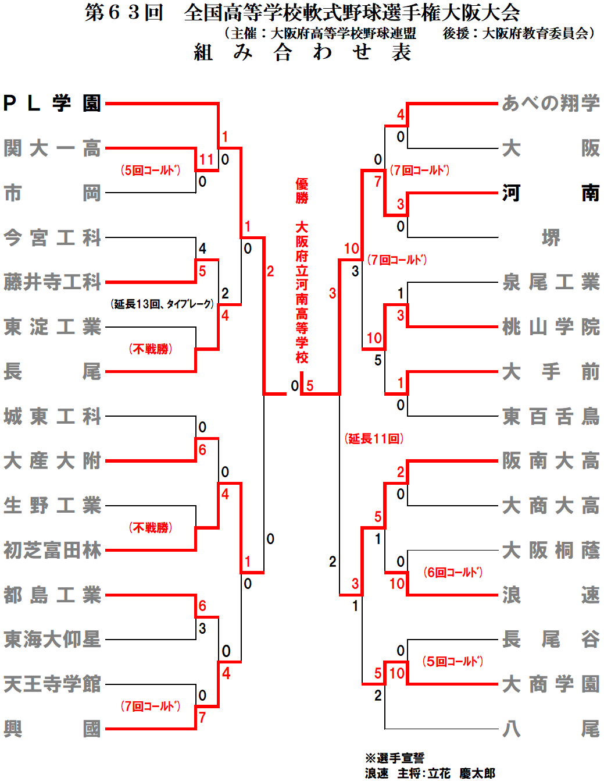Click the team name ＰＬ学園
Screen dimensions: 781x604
point(52,104)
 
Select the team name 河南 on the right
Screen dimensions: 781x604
point(551,193)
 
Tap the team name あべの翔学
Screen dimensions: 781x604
point(551,104)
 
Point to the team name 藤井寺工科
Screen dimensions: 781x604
point(52,282)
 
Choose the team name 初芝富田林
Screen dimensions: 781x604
point(52,551)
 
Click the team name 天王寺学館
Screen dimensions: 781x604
point(52,684)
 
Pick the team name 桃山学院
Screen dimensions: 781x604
point(551,327)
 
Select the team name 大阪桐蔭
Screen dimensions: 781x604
point(551,551)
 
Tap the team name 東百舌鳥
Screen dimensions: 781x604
point(551,417)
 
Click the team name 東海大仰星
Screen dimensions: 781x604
point(52,640)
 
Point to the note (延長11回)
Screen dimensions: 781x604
point(374,439)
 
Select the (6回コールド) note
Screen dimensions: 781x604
point(453,573)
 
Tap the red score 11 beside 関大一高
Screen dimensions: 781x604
point(206,159)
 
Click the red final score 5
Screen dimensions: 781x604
point(310,386)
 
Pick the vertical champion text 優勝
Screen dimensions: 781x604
point(302,191)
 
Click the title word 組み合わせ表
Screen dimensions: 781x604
point(302,52)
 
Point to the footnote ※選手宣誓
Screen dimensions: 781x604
point(395,758)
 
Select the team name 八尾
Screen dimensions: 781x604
point(551,729)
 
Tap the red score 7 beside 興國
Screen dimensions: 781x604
point(202,718)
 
